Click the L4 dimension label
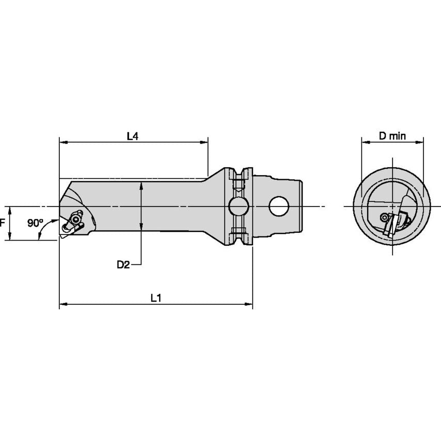tap(133, 136)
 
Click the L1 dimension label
tap(156, 298)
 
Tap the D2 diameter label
tap(123, 265)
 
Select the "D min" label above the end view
tap(392, 136)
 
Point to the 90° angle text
tap(35, 223)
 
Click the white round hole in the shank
tap(278, 207)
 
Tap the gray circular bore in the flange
tap(238, 207)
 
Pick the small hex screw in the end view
tap(384, 218)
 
